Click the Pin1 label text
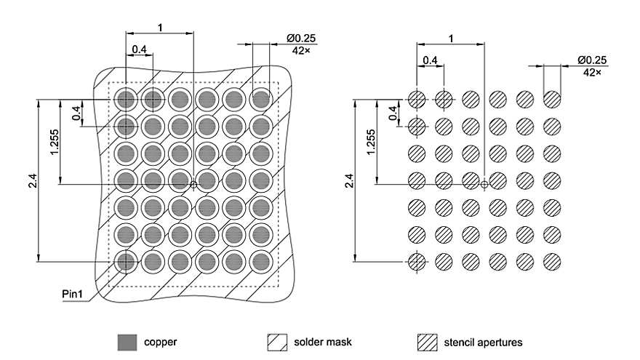(73, 293)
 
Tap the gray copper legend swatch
(127, 341)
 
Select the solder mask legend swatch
(279, 341)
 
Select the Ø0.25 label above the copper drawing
(301, 38)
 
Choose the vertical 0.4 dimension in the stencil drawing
(393, 113)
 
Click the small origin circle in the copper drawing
(193, 185)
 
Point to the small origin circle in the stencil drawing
(484, 185)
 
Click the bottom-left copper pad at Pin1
(126, 260)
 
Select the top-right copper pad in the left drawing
(260, 98)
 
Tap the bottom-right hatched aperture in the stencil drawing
(551, 260)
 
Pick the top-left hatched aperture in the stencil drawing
(417, 98)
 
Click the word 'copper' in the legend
(160, 341)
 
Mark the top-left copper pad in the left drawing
(126, 98)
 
